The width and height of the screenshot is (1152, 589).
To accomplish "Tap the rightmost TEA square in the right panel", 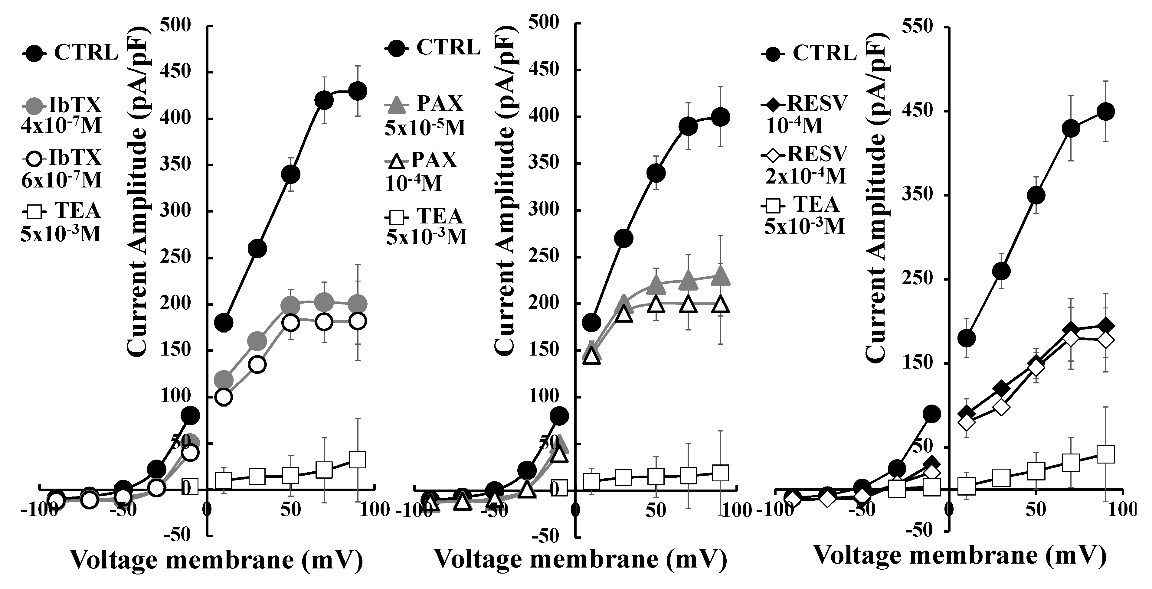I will click(x=1105, y=454).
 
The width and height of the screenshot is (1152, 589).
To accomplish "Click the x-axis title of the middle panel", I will click(x=581, y=559).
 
